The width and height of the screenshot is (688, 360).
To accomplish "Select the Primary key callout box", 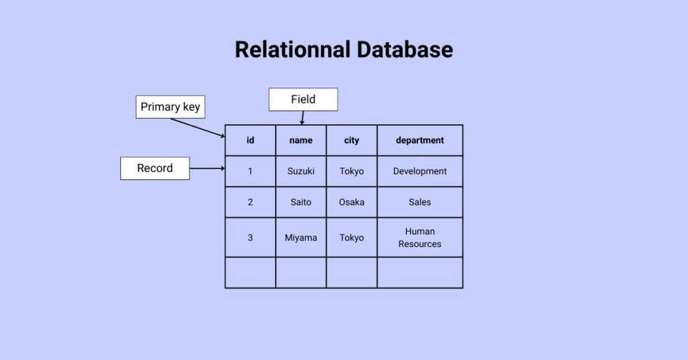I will coord(170,107).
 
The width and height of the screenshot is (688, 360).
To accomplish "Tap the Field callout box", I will coord(303,99).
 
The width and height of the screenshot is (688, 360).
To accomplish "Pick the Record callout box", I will coord(155,168).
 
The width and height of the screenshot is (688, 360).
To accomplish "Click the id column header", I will coord(250,140).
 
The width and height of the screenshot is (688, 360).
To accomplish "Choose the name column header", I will coord(301,140).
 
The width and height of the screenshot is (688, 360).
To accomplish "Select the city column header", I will coord(351,140).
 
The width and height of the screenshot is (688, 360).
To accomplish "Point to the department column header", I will coord(420,140).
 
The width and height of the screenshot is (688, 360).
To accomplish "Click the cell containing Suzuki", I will coord(301,171).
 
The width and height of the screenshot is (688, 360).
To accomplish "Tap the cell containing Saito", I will coord(301,202).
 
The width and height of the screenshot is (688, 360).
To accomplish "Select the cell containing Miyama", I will coord(301,238).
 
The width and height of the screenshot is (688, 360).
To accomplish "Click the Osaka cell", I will coord(351,202).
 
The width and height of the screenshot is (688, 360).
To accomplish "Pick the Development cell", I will coord(420,171).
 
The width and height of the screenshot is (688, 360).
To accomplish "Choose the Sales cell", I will coord(420,202).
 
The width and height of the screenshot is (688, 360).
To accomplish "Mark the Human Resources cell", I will coord(420,238).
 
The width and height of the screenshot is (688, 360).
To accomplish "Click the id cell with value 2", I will coord(250,202).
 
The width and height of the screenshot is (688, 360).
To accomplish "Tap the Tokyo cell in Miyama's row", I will coord(351,238).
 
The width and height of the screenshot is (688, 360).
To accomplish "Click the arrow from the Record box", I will coord(207,169).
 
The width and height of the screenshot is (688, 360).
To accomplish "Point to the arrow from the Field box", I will coord(302,118).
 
